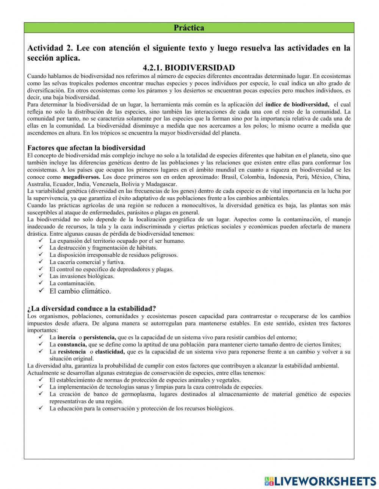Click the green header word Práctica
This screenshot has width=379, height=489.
(x=189, y=28)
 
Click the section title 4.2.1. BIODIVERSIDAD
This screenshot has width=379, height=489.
(x=189, y=68)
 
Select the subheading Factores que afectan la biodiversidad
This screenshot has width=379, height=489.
(x=86, y=148)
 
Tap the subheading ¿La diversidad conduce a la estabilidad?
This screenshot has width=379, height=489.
(x=92, y=308)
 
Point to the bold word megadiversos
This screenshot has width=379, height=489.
(x=81, y=177)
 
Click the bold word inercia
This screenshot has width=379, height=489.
(x=66, y=337)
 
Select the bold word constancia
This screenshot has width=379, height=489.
(x=72, y=344)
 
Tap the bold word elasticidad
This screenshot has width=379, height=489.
(x=110, y=352)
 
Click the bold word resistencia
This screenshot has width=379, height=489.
(x=72, y=352)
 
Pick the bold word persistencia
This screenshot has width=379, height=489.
(x=100, y=337)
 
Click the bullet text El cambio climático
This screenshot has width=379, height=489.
(x=80, y=291)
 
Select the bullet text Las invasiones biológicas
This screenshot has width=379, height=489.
(x=81, y=276)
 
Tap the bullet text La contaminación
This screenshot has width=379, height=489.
(x=72, y=283)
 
